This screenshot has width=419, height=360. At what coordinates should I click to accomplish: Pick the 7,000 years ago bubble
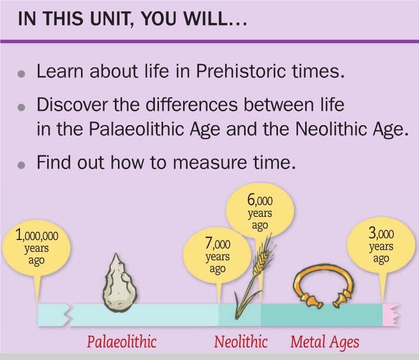click(x=217, y=256)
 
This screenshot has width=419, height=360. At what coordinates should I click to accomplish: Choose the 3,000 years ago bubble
click(x=381, y=246)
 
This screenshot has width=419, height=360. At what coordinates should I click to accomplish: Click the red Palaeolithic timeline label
click(x=121, y=341)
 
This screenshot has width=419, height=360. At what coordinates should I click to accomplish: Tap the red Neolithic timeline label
click(x=241, y=341)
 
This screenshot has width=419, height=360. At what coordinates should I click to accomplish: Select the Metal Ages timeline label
click(x=325, y=341)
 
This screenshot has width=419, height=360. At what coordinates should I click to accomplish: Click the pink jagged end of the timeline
click(x=391, y=314)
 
